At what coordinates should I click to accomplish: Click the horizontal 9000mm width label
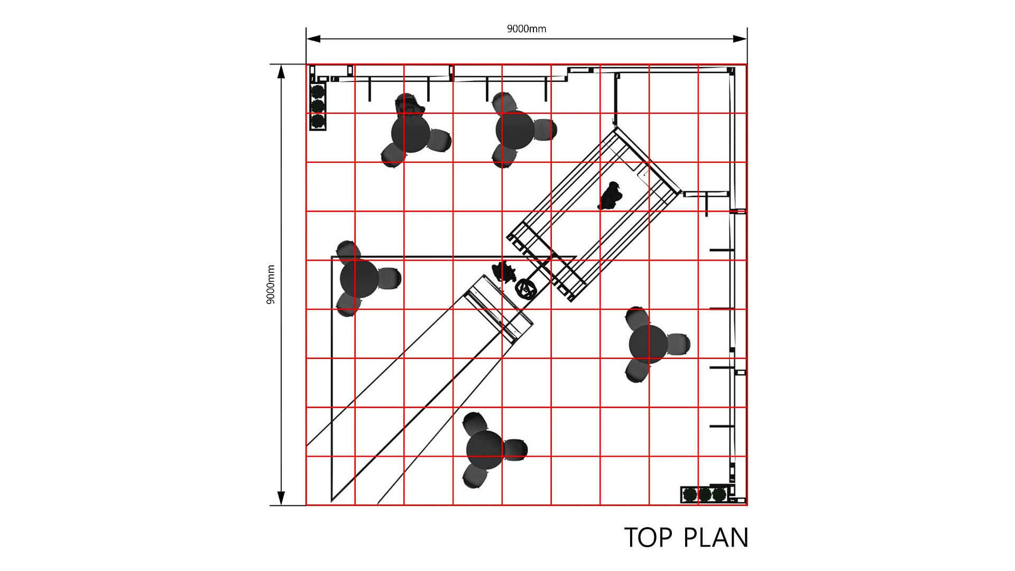pos(526,29)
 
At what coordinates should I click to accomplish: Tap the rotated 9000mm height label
pos(271,284)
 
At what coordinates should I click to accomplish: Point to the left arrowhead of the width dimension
pos(313,38)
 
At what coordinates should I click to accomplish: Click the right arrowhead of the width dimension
pos(740,38)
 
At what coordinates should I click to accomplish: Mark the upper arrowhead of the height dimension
pos(281,71)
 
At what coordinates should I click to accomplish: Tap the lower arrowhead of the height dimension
pos(281,498)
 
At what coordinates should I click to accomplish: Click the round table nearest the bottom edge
pos(485,449)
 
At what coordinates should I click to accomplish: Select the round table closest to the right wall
pos(649,344)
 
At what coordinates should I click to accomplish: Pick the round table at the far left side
pos(359,278)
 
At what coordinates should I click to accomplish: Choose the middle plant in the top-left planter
pos(317,106)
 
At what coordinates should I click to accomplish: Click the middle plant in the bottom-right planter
pos(705,495)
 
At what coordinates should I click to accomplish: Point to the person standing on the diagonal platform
pos(611,196)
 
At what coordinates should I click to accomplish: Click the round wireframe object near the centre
pos(527,289)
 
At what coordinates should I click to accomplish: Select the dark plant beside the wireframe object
pos(504,272)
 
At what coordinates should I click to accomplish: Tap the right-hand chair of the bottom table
pos(515,449)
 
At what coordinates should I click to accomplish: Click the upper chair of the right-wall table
pos(637,317)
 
